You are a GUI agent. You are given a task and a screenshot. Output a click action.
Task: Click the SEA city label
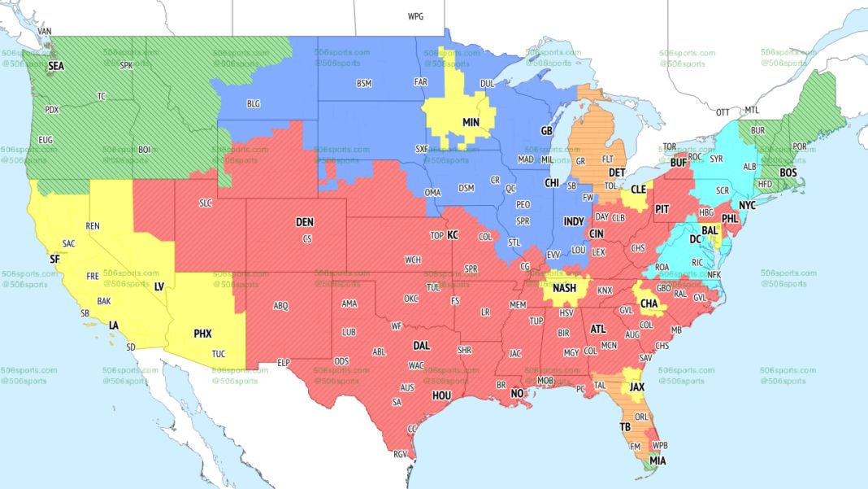point(55,66)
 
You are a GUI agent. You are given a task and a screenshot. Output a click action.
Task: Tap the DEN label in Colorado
point(304,222)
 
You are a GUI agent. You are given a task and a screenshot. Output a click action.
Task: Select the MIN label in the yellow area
point(471,122)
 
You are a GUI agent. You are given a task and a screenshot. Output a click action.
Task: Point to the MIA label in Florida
point(657,461)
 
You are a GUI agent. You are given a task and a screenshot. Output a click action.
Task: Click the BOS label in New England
point(788,172)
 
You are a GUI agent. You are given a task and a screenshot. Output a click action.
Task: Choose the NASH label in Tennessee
point(564,289)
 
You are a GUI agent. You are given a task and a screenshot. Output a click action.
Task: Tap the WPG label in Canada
point(415,16)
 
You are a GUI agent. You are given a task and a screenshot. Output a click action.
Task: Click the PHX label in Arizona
point(202,333)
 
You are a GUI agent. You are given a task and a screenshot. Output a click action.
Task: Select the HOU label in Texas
point(441,395)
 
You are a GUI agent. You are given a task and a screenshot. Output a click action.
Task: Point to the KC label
point(453,235)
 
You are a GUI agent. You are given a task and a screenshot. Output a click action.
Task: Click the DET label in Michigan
point(617,173)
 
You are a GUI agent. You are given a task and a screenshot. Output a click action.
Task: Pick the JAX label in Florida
point(637,387)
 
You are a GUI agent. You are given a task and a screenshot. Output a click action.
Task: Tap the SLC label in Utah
point(205,203)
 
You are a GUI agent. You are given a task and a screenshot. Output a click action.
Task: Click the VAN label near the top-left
point(45,31)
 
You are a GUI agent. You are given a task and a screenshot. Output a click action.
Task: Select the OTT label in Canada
point(723,111)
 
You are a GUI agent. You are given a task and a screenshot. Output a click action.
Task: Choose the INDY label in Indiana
point(574,221)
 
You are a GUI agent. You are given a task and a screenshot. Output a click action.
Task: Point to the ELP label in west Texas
point(284,362)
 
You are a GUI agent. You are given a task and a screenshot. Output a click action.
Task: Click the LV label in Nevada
point(159,286)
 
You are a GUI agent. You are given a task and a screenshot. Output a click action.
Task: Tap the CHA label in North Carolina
point(649,303)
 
